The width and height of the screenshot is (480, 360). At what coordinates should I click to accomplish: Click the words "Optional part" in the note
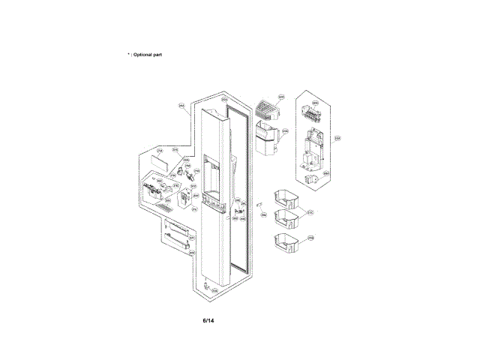[147, 55]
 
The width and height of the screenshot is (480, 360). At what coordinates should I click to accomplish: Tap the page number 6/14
[208, 321]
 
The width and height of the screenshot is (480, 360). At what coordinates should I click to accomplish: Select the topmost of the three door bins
[286, 197]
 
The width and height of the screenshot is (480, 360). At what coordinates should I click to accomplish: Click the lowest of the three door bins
[286, 244]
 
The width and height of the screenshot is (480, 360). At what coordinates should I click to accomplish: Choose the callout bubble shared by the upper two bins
[310, 212]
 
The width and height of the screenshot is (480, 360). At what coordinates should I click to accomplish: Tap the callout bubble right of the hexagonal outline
[337, 138]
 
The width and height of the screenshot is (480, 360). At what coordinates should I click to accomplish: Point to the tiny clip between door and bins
[256, 203]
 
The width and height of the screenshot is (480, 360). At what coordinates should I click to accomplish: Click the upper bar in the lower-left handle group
[175, 227]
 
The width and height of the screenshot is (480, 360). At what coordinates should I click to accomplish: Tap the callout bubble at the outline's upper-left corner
[181, 106]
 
